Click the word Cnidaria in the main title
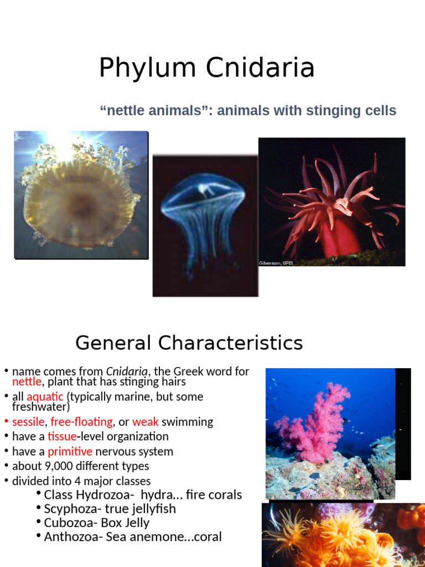pyautogui.click(x=260, y=68)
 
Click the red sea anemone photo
pyautogui.click(x=331, y=202)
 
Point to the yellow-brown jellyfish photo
pyautogui.click(x=81, y=195)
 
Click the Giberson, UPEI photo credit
pyautogui.click(x=276, y=263)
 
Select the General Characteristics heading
pyautogui.click(x=189, y=343)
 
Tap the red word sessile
pyautogui.click(x=28, y=422)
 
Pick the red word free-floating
pyautogui.click(x=81, y=422)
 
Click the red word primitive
pyautogui.click(x=70, y=452)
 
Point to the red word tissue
pyautogui.click(x=61, y=437)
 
